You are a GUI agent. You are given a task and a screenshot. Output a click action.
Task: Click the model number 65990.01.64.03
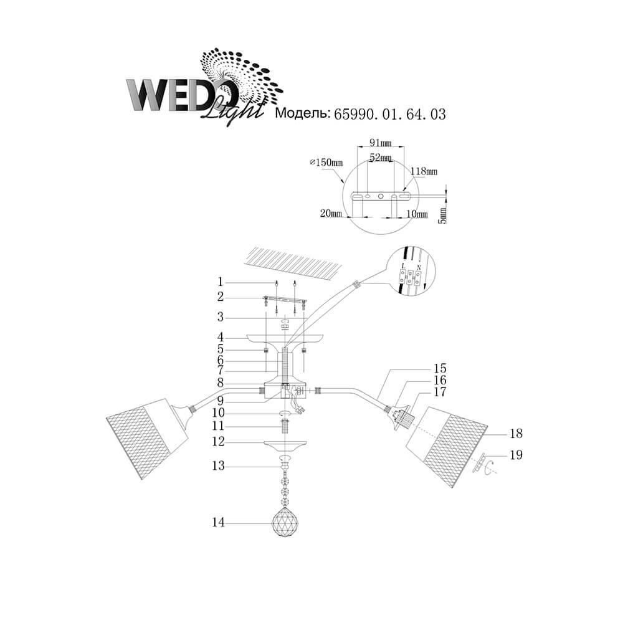point(390,114)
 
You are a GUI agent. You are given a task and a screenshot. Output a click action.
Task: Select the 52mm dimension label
point(380,158)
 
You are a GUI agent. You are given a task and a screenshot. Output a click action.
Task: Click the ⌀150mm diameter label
point(326,163)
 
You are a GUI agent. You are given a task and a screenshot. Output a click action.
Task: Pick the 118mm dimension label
point(424,170)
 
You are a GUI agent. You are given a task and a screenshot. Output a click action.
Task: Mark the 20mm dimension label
point(330,214)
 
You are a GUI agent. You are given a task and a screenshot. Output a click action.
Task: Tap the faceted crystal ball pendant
point(284,525)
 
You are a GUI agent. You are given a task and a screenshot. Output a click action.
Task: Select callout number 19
point(515,455)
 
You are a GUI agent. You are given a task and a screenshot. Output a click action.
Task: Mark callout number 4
point(220,337)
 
